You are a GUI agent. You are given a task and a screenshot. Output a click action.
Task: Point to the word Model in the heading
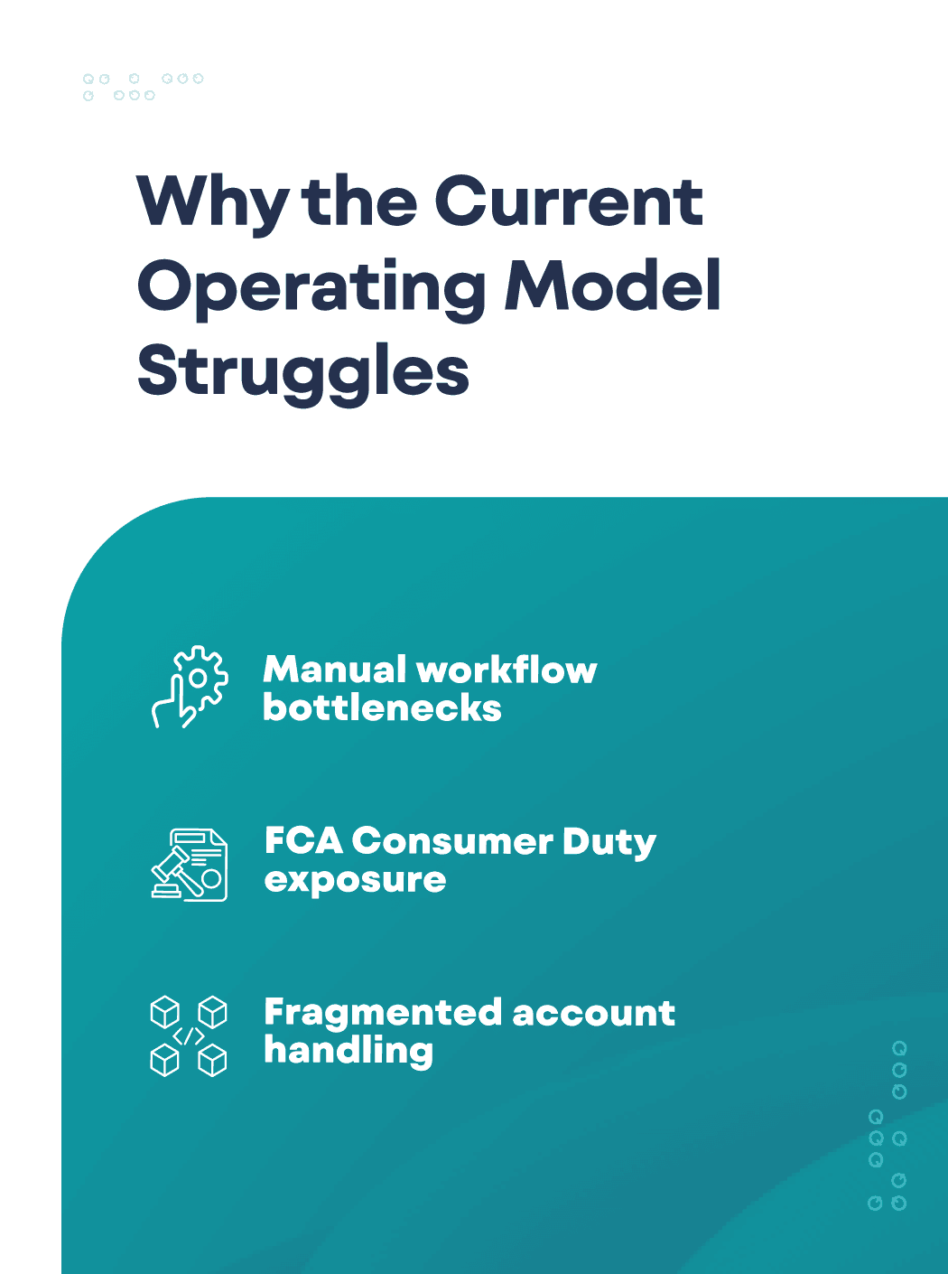tap(612, 285)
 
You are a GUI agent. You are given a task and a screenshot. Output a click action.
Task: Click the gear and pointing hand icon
tap(190, 687)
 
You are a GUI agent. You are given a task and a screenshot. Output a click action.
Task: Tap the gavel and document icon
tap(190, 865)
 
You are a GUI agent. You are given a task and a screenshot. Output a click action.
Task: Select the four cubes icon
tap(189, 1036)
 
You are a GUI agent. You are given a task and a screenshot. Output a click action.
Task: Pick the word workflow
tap(507, 670)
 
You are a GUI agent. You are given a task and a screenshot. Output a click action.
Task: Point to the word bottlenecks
tap(383, 707)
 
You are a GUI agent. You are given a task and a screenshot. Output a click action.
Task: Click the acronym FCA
tap(303, 841)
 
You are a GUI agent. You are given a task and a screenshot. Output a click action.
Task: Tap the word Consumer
tap(453, 841)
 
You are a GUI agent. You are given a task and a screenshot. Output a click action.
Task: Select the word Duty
tap(609, 843)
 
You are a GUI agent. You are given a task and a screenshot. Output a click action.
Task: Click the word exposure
tap(355, 881)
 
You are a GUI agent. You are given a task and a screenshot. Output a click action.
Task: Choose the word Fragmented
tap(383, 1015)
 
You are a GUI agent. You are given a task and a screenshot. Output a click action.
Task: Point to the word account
tap(594, 1015)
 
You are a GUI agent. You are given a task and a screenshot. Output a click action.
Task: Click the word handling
tap(349, 1052)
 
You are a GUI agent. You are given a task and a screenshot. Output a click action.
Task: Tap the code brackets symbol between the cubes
tap(189, 1036)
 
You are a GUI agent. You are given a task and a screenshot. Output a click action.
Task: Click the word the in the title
tap(360, 201)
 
